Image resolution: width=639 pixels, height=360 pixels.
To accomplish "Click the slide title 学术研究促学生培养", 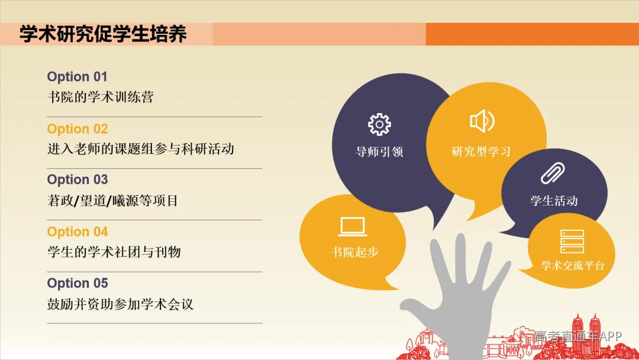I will [103, 34].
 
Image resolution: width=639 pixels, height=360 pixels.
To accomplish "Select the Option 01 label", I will [78, 77].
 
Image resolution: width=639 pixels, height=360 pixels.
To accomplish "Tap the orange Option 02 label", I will [78, 129].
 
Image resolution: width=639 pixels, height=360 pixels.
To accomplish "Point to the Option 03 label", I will [78, 180].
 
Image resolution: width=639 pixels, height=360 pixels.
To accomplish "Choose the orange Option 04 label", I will [78, 232].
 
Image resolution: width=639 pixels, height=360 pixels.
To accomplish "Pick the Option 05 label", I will [78, 284].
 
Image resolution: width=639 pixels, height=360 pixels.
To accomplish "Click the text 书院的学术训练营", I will [100, 97].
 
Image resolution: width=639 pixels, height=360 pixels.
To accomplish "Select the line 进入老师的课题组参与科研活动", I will [141, 149].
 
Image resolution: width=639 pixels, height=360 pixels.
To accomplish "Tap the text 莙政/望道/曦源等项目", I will [112, 201].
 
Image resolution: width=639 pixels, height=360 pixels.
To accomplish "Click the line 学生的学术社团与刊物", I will [114, 252].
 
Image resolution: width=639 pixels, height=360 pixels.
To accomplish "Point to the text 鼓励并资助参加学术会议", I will [121, 304].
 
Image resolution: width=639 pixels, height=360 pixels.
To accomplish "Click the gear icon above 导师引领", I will [379, 124].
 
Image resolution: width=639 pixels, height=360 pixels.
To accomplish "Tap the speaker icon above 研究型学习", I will [482, 121].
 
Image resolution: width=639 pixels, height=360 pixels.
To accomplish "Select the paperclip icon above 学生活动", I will [553, 173].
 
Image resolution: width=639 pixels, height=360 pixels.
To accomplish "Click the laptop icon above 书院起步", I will [353, 227].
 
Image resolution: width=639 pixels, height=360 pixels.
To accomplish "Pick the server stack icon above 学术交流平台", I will [572, 242].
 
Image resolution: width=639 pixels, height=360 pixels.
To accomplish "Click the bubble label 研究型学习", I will [481, 152].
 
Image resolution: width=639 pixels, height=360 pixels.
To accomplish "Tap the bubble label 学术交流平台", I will [573, 266].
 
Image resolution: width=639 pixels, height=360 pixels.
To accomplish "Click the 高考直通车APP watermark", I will [578, 336].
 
